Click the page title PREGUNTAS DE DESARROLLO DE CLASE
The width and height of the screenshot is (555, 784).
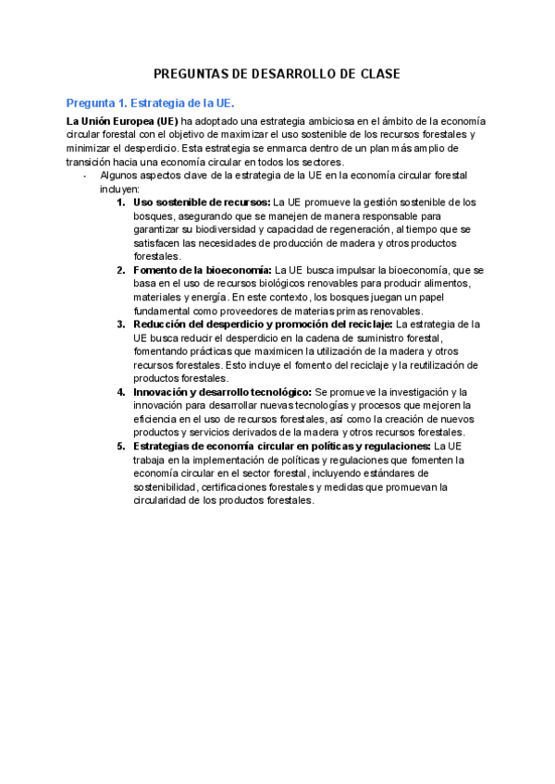click(x=277, y=74)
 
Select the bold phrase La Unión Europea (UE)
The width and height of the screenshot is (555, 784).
click(x=122, y=121)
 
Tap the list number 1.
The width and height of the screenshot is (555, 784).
click(x=121, y=202)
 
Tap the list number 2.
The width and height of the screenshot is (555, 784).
click(x=121, y=270)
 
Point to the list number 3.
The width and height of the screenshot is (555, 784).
click(x=121, y=325)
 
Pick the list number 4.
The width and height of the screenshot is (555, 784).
click(x=121, y=392)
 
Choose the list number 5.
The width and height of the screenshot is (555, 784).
click(x=121, y=447)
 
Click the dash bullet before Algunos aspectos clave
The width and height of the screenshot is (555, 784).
click(x=85, y=174)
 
